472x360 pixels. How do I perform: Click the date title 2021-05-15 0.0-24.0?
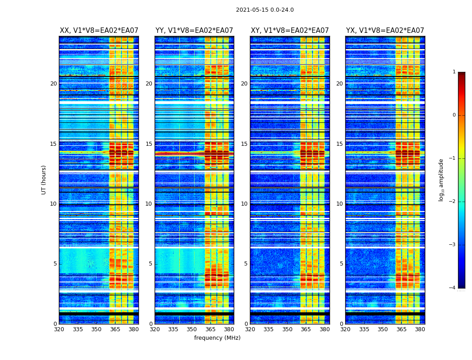pos(265,10)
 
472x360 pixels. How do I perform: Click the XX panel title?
pos(99,31)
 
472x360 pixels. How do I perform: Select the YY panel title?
pos(194,31)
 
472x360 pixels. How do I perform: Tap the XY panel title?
pos(290,31)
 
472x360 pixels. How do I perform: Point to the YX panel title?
pos(385,31)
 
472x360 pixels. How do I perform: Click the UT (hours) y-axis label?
pos(44,180)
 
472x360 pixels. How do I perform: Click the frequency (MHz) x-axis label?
pos(217,338)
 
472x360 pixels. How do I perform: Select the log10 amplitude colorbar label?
pos(441,180)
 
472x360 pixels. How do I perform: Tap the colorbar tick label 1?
pos(454,72)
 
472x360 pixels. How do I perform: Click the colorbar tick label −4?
pos(453,288)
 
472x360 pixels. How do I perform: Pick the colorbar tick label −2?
pos(453,202)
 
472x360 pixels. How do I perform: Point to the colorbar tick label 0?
pos(454,115)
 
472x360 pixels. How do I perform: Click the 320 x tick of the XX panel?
pos(59,329)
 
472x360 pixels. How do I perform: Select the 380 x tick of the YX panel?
pos(420,329)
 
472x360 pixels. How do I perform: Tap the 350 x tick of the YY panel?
pos(192,329)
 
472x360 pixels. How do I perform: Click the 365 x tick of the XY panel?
pos(306,329)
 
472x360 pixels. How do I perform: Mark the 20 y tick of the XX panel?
pos(53,84)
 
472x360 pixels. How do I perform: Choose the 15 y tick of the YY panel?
pos(149,144)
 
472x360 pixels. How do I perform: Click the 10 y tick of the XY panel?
pos(244,204)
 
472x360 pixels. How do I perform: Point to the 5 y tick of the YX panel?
pos(342,264)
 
